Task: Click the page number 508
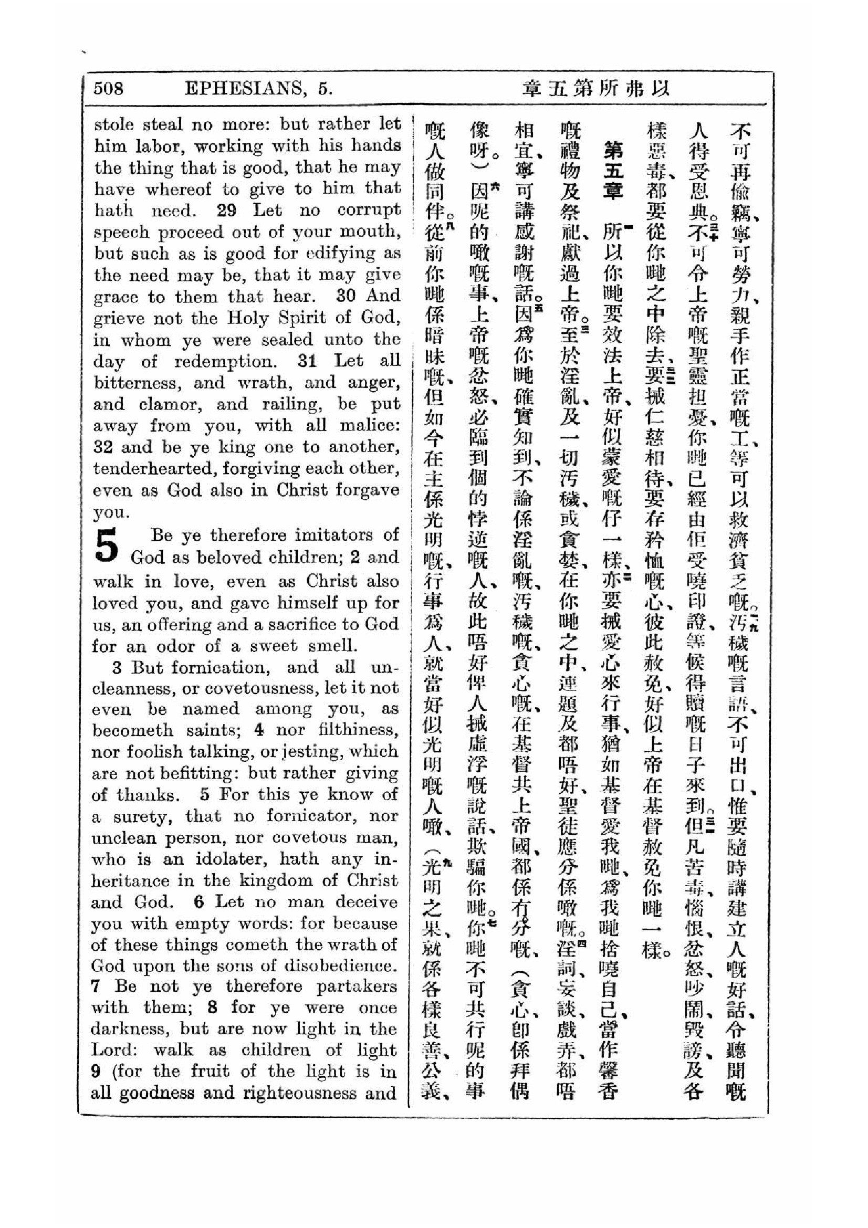(109, 88)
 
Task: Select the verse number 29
(227, 210)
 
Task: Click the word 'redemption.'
(226, 362)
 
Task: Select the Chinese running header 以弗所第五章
(595, 88)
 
